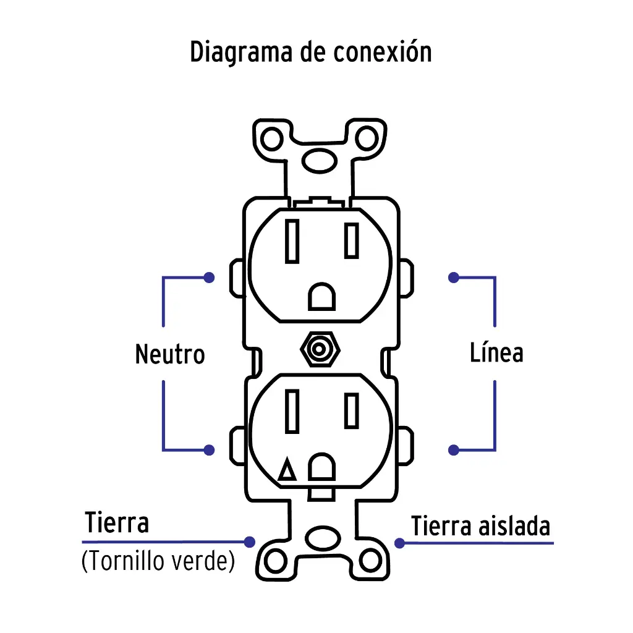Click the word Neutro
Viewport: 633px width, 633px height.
point(169,355)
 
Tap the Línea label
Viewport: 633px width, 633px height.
point(496,352)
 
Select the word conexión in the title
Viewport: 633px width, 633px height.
point(382,52)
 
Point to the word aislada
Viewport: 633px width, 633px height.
point(514,527)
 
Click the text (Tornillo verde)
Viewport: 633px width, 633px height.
point(158,562)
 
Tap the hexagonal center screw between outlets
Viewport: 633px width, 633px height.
point(319,350)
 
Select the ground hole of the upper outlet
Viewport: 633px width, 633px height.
point(321,297)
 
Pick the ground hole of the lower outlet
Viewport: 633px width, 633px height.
point(321,468)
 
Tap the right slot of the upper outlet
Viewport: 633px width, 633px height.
point(352,240)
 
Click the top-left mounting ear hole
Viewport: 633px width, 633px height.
point(271,139)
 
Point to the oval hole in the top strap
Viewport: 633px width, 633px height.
point(320,162)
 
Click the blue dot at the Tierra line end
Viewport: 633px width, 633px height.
point(249,542)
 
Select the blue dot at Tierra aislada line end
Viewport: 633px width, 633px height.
point(400,543)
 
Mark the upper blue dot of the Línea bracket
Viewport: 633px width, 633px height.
point(454,278)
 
